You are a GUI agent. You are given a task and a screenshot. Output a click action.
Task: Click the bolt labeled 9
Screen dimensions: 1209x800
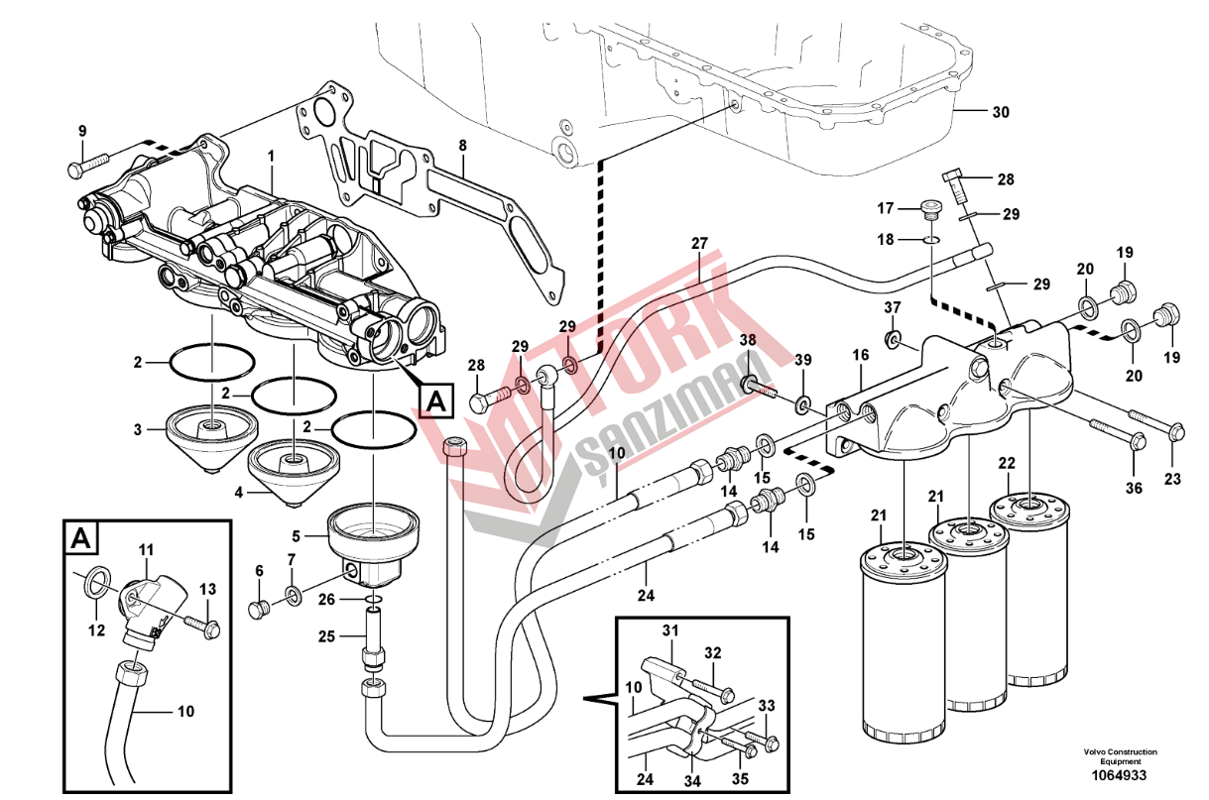pyautogui.click(x=88, y=164)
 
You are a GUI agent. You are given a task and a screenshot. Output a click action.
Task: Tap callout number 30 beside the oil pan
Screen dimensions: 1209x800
pyautogui.click(x=1001, y=112)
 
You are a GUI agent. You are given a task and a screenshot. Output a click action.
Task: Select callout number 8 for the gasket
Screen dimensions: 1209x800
pyautogui.click(x=462, y=146)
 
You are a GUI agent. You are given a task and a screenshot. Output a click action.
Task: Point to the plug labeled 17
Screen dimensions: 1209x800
pyautogui.click(x=931, y=209)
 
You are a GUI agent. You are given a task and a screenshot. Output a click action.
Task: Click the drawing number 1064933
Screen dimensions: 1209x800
pyautogui.click(x=1119, y=776)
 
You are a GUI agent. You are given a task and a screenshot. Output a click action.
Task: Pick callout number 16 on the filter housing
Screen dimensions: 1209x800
pyautogui.click(x=860, y=355)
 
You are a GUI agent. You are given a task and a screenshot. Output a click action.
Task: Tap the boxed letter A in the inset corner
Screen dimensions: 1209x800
pyautogui.click(x=81, y=538)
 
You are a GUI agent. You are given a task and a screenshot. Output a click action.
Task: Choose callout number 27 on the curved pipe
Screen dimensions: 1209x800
pyautogui.click(x=699, y=243)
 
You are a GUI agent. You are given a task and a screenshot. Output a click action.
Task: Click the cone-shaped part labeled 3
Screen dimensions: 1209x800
pyautogui.click(x=211, y=439)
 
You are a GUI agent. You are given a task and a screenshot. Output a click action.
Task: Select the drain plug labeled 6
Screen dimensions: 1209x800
pyautogui.click(x=259, y=609)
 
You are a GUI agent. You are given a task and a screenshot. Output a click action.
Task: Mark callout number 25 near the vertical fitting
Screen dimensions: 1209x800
pyautogui.click(x=326, y=636)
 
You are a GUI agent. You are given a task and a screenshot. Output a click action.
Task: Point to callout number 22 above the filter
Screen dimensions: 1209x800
pyautogui.click(x=1007, y=463)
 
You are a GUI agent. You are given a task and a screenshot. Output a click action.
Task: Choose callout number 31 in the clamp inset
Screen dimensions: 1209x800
pyautogui.click(x=670, y=630)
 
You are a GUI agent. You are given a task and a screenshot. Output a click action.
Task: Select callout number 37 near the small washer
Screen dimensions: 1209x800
pyautogui.click(x=892, y=307)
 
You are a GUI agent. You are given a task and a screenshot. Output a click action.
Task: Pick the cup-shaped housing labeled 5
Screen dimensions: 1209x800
pyautogui.click(x=374, y=545)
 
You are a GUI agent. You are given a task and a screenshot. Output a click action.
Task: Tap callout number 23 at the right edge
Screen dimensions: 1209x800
pyautogui.click(x=1172, y=479)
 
